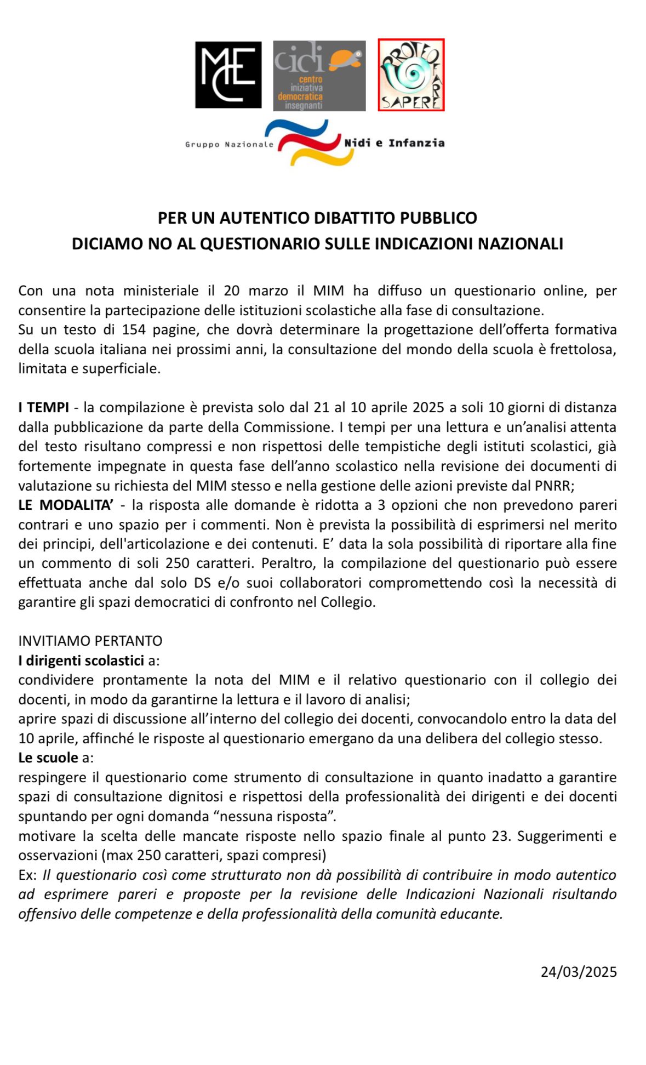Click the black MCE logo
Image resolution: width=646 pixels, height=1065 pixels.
228,75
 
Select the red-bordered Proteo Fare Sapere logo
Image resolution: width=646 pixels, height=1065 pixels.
411,75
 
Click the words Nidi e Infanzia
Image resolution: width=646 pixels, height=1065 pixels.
394,143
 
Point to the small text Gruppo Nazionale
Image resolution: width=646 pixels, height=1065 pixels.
229,144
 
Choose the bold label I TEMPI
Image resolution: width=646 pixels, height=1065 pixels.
44,407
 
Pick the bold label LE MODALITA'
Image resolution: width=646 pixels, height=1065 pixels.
65,505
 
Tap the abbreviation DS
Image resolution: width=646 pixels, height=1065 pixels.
203,583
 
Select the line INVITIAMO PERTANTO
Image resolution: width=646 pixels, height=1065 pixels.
90,641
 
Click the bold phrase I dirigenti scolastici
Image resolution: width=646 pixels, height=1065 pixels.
81,660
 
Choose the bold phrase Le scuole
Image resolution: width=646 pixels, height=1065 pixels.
48,758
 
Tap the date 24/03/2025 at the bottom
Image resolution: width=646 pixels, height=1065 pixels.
579,972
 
